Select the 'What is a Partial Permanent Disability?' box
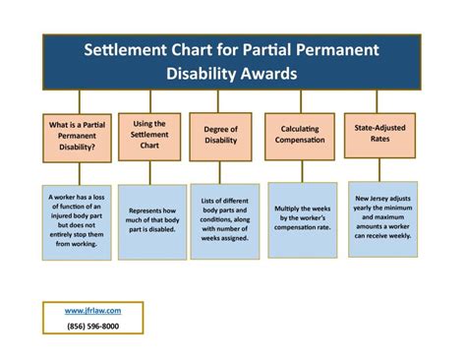tap(74, 137)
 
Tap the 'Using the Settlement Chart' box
tap(149, 136)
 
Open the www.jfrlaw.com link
tap(94, 310)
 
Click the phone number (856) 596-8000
tap(94, 326)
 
